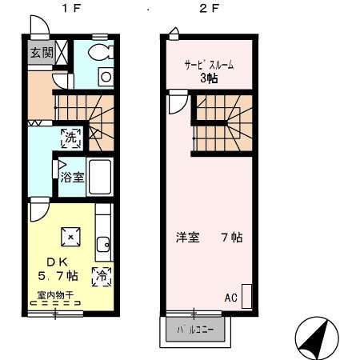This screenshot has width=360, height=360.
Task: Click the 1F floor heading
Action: coord(70,10)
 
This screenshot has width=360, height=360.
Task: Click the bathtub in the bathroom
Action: coord(99,177)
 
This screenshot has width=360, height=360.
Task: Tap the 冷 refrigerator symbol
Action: coord(102,276)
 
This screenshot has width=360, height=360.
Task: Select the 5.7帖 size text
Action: coord(58,276)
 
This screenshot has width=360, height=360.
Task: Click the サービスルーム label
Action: coord(210,65)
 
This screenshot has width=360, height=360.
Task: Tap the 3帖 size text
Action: coord(210,78)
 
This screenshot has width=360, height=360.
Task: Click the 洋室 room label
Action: coord(188,238)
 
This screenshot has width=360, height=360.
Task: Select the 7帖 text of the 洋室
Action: coord(231,238)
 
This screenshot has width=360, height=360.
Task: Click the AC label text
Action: coord(230,298)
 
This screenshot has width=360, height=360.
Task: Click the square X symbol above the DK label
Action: coord(71,236)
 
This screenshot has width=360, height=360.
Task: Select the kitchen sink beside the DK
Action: coord(102,245)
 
